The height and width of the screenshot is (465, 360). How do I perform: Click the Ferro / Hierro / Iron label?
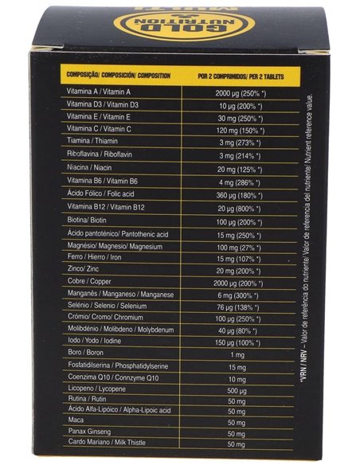96,259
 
